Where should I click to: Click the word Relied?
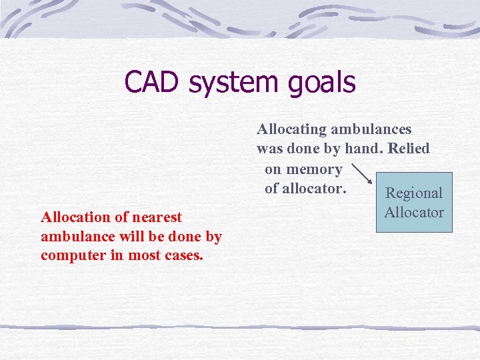tap(408, 148)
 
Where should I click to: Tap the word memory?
tap(314, 169)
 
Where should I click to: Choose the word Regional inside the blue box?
tap(414, 193)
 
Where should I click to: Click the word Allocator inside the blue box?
tap(414, 212)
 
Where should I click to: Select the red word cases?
tap(182, 255)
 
